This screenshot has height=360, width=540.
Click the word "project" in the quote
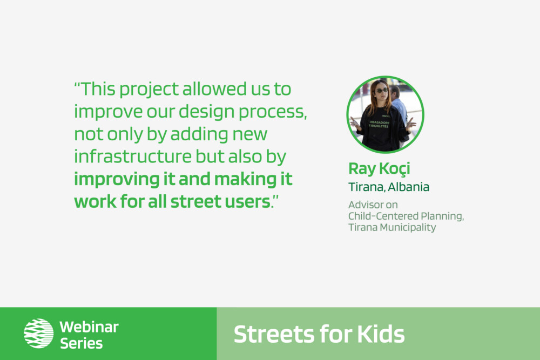(x=149, y=90)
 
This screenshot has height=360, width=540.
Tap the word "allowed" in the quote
(x=214, y=89)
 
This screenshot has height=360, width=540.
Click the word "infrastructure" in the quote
(x=133, y=157)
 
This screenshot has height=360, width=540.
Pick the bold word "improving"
(x=117, y=180)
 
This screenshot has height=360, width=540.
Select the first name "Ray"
(x=362, y=169)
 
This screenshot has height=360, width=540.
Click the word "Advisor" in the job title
(x=365, y=205)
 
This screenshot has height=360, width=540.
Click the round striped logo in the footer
(x=38, y=333)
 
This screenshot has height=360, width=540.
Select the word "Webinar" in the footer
(x=89, y=327)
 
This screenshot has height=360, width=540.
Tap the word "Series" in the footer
(x=82, y=343)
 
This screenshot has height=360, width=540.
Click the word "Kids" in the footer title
(x=381, y=334)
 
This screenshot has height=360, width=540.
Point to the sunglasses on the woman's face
(x=381, y=91)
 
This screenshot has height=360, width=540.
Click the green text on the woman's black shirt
(x=379, y=124)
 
